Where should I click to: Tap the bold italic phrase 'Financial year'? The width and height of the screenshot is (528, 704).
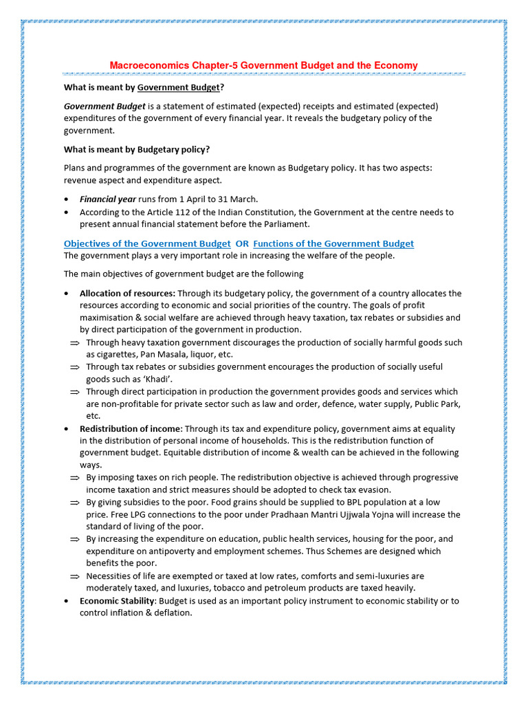coord(107,199)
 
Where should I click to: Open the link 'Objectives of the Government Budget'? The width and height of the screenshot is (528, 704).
coord(147,243)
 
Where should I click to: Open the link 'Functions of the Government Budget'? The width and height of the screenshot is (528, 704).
coord(333,243)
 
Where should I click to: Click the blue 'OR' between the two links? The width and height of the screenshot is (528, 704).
coord(242,243)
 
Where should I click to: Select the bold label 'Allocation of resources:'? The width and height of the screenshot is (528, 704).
coord(127,293)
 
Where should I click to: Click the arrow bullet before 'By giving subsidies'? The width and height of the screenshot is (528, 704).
coord(75,503)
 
